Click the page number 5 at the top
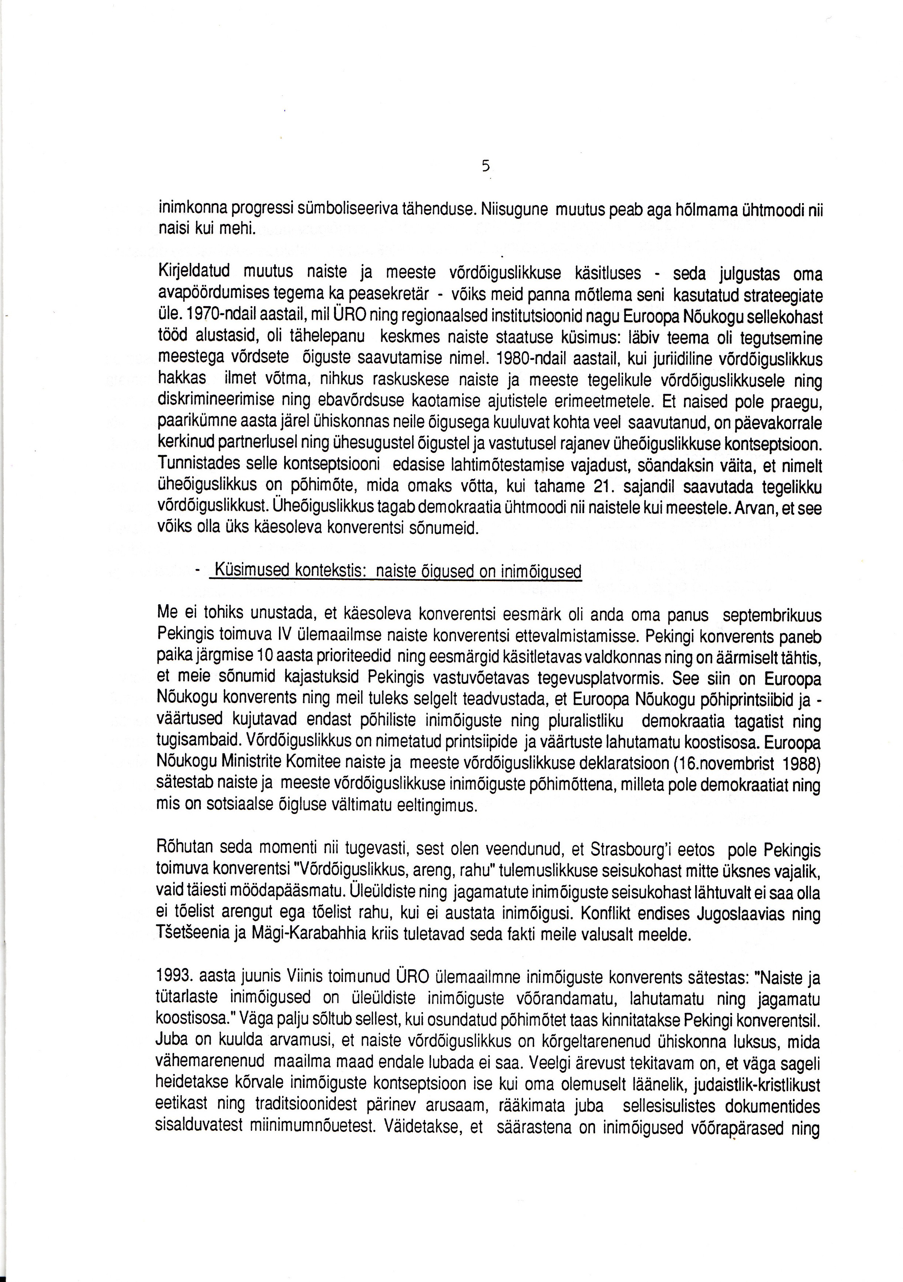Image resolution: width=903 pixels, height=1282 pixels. tap(485, 166)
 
